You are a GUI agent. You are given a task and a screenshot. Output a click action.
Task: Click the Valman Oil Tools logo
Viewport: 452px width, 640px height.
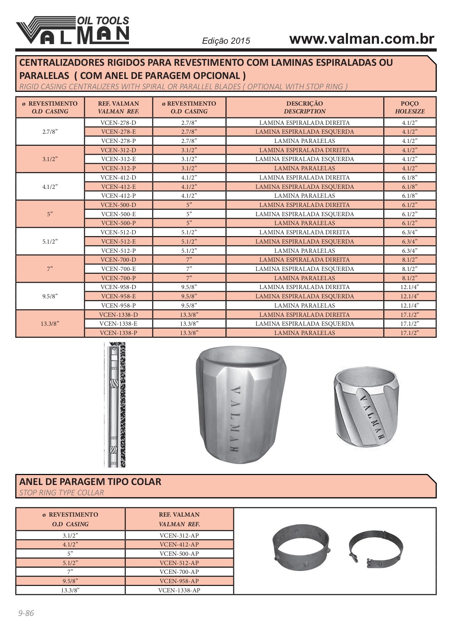[73, 31]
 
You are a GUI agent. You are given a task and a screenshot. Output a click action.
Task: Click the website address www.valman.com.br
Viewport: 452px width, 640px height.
[362, 39]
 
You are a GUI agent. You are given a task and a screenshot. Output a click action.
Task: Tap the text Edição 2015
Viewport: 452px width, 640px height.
[226, 41]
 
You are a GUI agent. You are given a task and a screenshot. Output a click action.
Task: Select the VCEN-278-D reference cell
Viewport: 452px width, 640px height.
[118, 123]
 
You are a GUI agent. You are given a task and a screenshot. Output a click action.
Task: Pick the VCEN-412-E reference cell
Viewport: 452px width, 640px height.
[118, 187]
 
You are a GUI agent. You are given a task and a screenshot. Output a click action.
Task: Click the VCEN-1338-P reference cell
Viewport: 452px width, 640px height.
[118, 333]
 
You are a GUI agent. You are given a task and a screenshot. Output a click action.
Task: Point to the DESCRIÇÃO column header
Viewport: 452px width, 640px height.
[305, 107]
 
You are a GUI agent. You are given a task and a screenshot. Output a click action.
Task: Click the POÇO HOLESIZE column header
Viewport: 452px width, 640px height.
[410, 107]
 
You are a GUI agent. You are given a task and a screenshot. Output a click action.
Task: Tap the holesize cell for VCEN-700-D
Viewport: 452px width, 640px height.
[410, 260]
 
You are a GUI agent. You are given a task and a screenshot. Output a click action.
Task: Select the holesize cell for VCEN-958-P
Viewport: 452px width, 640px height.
[410, 305]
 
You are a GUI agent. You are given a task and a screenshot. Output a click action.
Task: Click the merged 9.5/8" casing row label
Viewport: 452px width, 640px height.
[50, 296]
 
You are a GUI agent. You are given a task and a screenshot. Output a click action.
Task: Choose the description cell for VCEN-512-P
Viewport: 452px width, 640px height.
[305, 251]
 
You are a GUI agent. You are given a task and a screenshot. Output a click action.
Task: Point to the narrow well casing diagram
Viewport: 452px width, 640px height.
[115, 405]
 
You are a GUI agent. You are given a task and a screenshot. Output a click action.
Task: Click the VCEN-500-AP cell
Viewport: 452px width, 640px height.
[179, 554]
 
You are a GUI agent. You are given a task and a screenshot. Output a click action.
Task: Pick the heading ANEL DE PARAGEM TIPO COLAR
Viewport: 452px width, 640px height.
[90, 482]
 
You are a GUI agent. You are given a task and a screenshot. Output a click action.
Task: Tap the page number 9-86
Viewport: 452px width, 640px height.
[26, 613]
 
